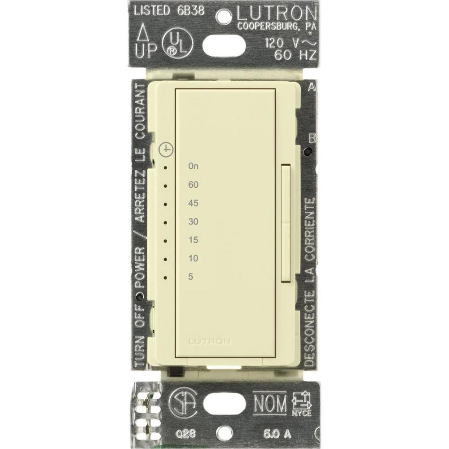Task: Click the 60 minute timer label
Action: tap(194, 185)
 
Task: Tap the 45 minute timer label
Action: tap(194, 203)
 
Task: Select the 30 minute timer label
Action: tap(194, 221)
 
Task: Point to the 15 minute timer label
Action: tap(194, 240)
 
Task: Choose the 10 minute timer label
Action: tap(194, 258)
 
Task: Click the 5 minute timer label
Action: tap(191, 277)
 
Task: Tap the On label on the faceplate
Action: tap(194, 166)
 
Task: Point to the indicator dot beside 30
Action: tap(166, 222)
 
